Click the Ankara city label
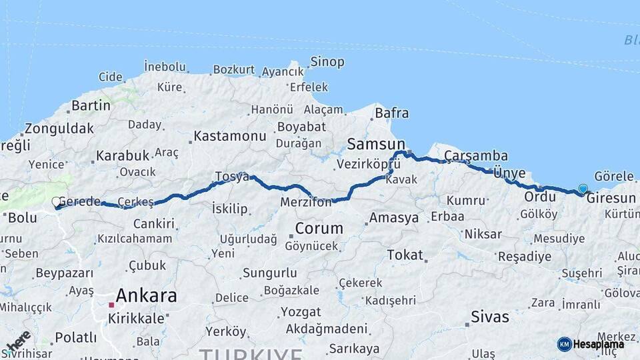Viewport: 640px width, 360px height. tap(146, 295)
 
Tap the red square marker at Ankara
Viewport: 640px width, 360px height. tap(112, 305)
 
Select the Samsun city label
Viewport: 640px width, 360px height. tap(376, 144)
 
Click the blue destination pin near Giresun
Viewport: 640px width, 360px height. tap(583, 189)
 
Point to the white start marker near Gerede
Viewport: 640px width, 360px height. tap(57, 201)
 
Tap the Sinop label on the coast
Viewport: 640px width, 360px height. tap(327, 62)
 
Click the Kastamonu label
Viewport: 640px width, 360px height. tap(230, 136)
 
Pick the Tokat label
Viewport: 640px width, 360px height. tap(405, 255)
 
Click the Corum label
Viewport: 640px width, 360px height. tap(319, 228)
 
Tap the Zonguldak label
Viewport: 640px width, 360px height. tap(59, 129)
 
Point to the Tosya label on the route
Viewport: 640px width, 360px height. tap(231, 177)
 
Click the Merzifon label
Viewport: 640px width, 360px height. tap(306, 202)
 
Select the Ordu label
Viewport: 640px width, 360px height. tap(539, 197)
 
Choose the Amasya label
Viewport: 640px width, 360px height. tap(394, 218)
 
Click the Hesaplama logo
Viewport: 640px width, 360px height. tap(591, 344)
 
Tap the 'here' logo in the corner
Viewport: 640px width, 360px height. tap(18, 341)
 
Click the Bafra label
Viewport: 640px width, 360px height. tap(391, 113)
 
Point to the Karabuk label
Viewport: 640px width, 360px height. tap(123, 155)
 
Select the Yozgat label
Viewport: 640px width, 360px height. tap(301, 311)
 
